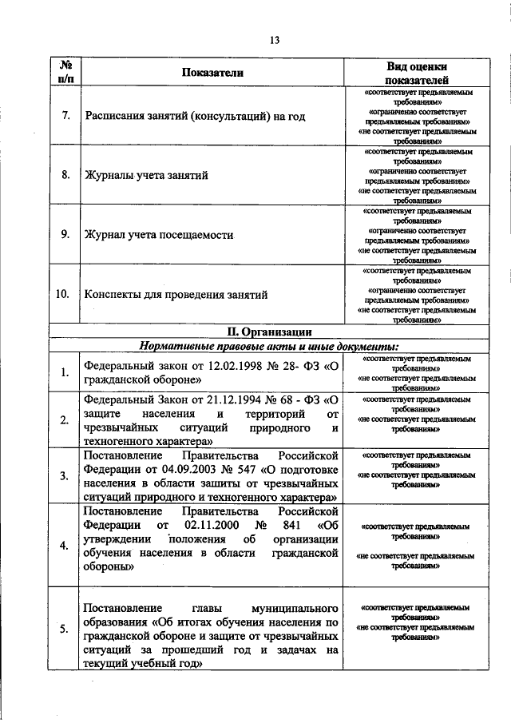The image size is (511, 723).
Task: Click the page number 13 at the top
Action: pos(274,40)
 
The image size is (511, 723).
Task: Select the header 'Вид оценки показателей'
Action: pos(416,73)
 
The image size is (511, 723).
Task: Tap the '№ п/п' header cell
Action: pos(64,72)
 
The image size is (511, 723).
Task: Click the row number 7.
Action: pos(65,116)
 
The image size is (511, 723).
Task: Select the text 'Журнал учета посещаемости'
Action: pos(158,235)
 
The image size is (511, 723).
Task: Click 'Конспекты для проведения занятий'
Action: pos(176,295)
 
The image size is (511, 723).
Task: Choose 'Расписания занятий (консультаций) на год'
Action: pos(195,116)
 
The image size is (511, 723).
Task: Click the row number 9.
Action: pos(65,235)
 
